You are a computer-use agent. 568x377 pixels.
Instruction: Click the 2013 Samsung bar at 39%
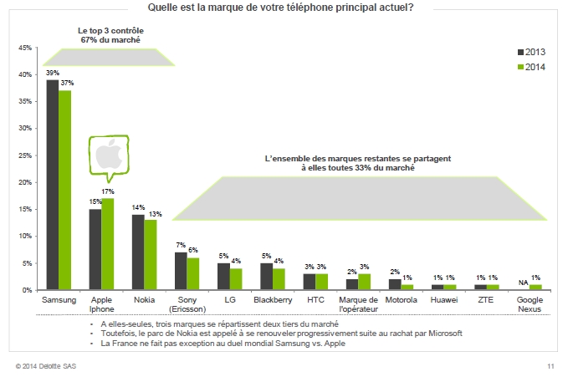(52, 184)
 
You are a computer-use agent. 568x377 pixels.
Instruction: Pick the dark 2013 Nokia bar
(138, 252)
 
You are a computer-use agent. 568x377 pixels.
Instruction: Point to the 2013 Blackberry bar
(266, 277)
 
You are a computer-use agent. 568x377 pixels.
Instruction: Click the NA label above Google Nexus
(523, 282)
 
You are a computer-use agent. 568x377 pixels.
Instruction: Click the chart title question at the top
(280, 8)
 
